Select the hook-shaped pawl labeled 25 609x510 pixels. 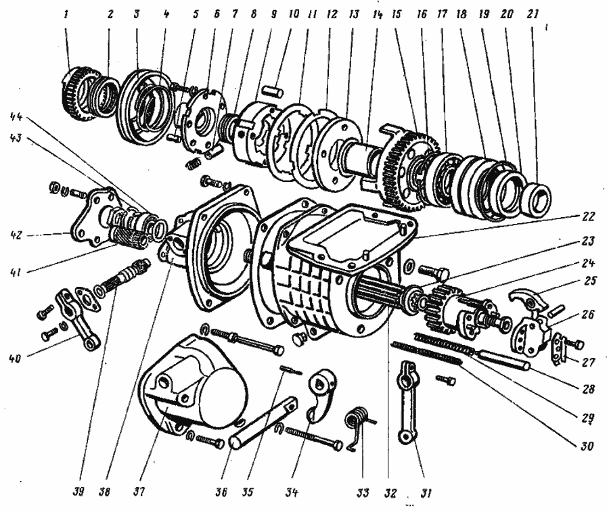click(525, 296)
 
